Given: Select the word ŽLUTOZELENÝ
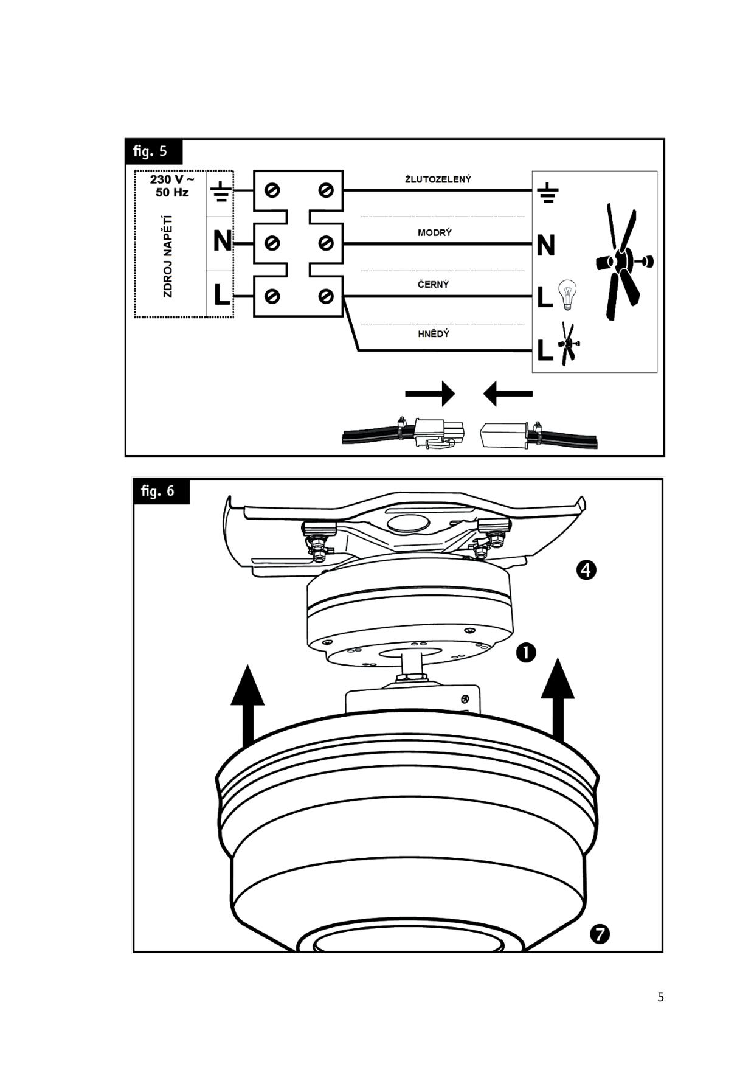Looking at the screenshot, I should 438,179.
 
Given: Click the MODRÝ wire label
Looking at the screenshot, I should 435,232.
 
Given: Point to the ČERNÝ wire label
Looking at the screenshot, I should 434,284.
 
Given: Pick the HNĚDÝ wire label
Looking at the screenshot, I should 434,334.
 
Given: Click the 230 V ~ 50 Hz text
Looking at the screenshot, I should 171,186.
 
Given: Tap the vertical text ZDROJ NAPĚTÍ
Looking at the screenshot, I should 168,256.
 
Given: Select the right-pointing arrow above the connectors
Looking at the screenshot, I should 430,394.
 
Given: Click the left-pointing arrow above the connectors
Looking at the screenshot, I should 508,394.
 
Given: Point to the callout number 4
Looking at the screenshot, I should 586,570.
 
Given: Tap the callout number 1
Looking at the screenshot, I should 526,653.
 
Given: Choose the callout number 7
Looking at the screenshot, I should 600,934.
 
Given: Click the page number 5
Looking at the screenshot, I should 660,997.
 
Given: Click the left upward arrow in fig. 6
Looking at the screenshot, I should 247,706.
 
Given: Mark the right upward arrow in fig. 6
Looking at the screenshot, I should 558,700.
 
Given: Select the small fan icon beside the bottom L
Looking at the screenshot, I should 568,344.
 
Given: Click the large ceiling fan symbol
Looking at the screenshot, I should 622,262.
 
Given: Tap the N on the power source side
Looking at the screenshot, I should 222,242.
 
